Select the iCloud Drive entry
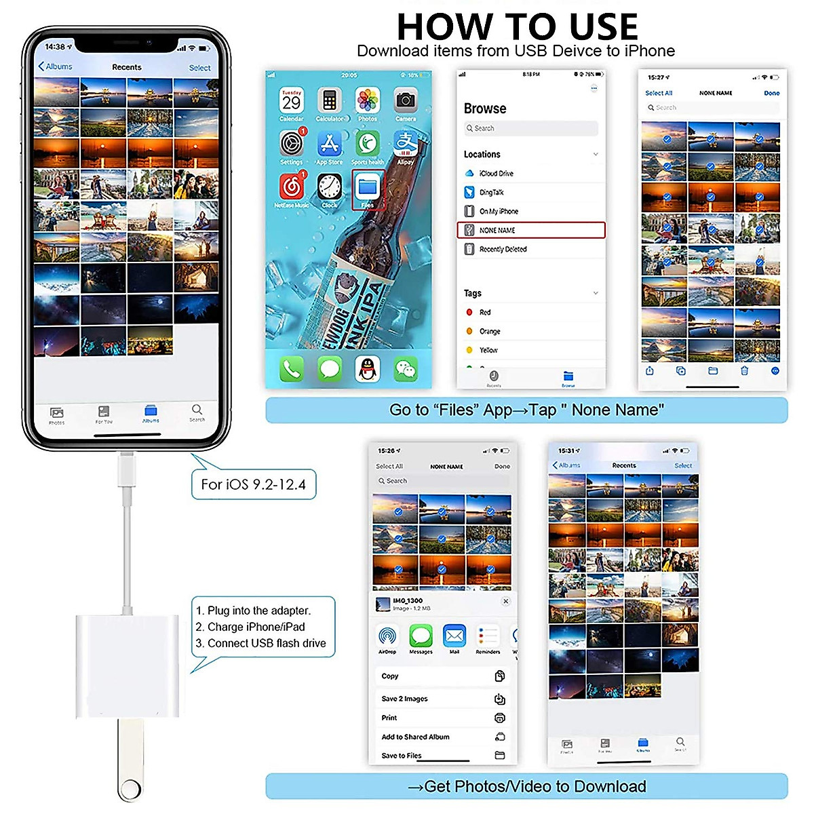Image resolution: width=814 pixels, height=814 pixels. pyautogui.click(x=496, y=174)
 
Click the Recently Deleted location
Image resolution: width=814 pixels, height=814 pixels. pyautogui.click(x=503, y=250)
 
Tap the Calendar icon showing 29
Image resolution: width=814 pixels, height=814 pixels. pyautogui.click(x=292, y=102)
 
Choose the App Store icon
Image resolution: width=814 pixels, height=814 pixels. pyautogui.click(x=330, y=144)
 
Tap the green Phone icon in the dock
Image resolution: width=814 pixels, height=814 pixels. pyautogui.click(x=292, y=369)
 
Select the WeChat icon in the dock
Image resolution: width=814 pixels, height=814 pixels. pyautogui.click(x=406, y=369)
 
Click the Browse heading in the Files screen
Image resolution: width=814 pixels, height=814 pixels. pyautogui.click(x=485, y=109)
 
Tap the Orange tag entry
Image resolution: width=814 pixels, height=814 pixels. pyautogui.click(x=489, y=332)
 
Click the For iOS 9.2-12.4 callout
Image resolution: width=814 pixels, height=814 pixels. pyautogui.click(x=254, y=484)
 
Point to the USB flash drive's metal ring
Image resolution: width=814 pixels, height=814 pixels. pyautogui.click(x=130, y=790)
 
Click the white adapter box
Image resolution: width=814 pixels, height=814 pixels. pyautogui.click(x=127, y=665)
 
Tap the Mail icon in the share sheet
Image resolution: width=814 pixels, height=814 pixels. pyautogui.click(x=454, y=637)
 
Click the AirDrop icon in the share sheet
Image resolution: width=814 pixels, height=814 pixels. pyautogui.click(x=387, y=637)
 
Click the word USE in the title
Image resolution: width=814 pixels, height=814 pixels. pyautogui.click(x=604, y=27)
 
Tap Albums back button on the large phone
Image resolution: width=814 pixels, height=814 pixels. pyautogui.click(x=56, y=66)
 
